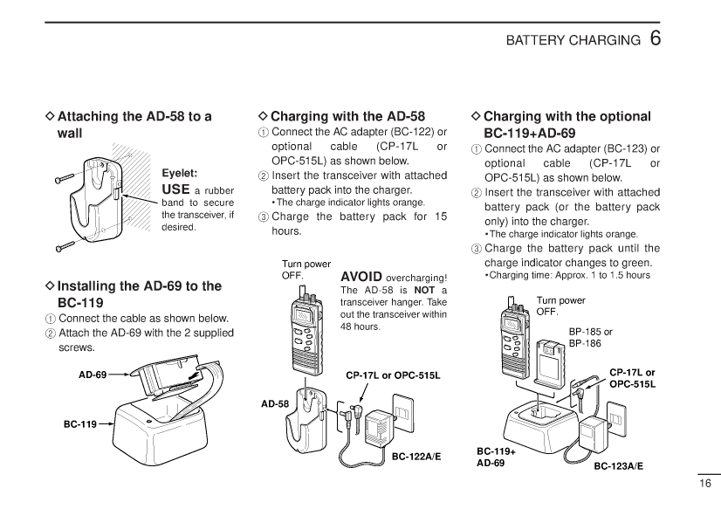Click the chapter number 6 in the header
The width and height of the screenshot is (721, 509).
[656, 39]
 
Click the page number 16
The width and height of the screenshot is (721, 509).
[705, 484]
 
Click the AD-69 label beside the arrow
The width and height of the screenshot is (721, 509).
[92, 375]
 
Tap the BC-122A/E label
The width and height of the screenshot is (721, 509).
[416, 456]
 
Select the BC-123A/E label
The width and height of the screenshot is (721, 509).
[619, 466]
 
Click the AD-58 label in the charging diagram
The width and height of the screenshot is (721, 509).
[275, 404]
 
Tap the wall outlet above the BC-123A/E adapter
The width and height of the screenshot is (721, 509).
[617, 419]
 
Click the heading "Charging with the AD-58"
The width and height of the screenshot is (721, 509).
[347, 116]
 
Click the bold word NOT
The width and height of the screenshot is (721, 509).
[424, 291]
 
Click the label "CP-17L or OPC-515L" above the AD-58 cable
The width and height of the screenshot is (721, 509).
[393, 375]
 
